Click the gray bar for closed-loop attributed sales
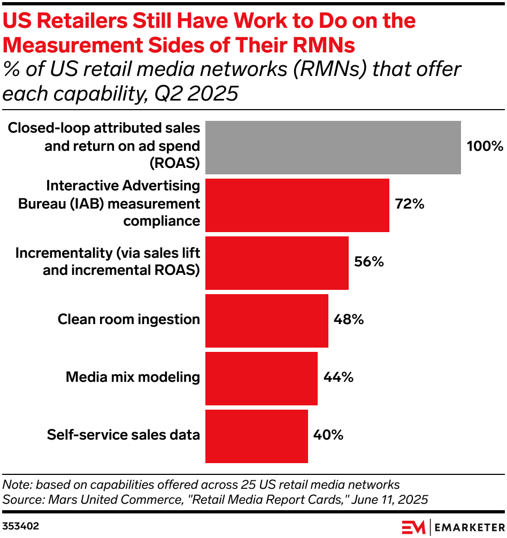click(333, 147)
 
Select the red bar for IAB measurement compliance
click(297, 205)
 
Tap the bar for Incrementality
click(276, 263)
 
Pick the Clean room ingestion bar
click(266, 320)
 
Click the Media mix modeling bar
click(261, 378)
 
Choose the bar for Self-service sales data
click(256, 435)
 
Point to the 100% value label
click(485, 147)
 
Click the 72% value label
click(409, 204)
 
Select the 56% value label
click(369, 262)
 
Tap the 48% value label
click(349, 320)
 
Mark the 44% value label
click(338, 378)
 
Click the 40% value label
click(328, 435)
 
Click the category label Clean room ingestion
click(128, 320)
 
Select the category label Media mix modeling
click(133, 378)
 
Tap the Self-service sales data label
click(123, 435)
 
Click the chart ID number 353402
click(21, 526)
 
